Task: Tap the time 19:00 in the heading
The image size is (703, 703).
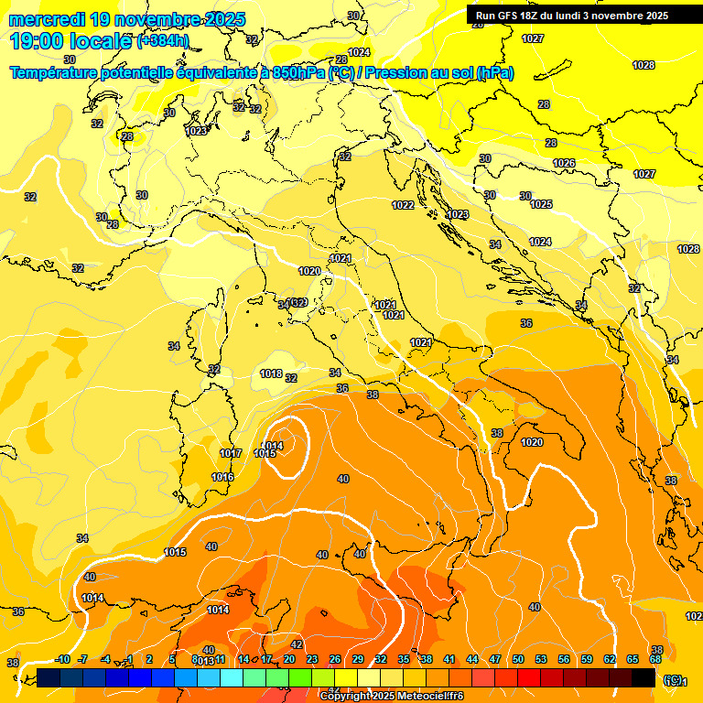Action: [38, 40]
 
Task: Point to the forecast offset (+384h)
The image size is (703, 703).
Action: [163, 41]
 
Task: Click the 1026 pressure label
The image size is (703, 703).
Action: [564, 163]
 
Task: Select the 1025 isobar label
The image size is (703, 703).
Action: [541, 204]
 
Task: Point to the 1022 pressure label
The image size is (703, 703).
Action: [403, 205]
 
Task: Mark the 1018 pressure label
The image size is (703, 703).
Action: [271, 373]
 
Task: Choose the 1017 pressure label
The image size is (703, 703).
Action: [231, 453]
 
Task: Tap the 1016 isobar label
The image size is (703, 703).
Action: [222, 477]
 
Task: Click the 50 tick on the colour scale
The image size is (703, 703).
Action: [518, 659]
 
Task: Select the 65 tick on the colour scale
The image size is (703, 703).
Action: [633, 659]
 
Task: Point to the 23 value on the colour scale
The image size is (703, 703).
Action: [312, 659]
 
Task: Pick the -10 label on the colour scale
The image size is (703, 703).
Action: [62, 659]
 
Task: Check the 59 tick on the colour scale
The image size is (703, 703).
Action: [587, 659]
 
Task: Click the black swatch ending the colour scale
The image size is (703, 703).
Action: [644, 677]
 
